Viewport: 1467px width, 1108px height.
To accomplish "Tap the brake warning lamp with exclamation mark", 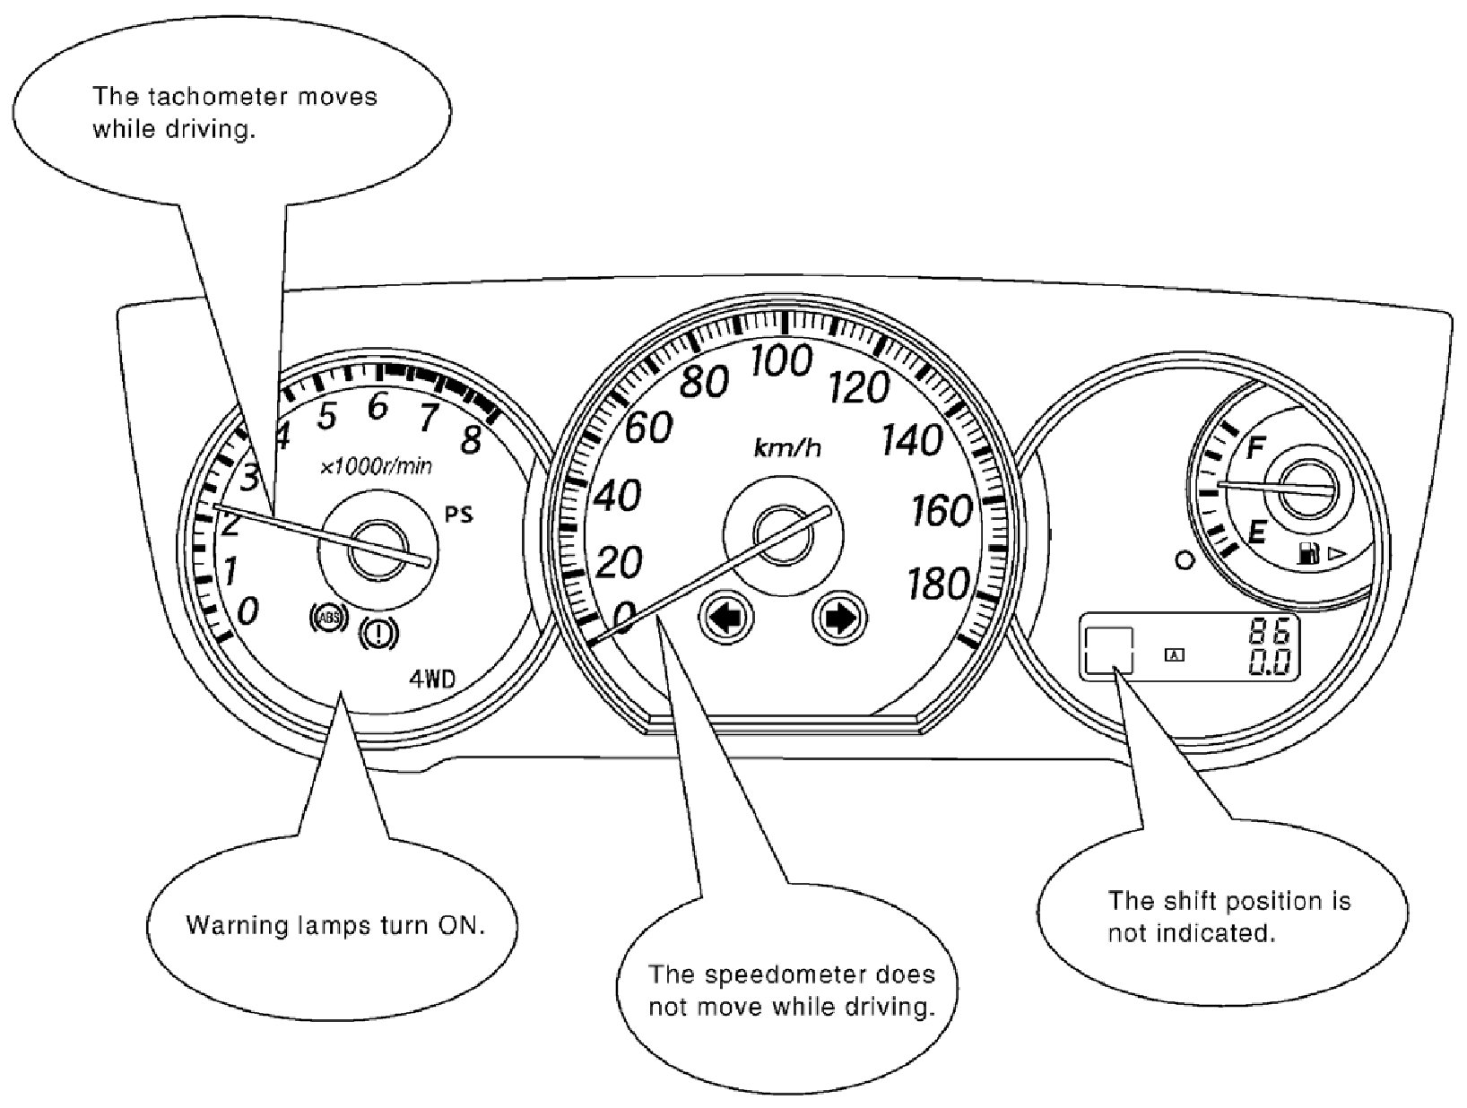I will click(379, 634).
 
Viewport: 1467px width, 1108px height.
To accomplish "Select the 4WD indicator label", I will click(432, 680).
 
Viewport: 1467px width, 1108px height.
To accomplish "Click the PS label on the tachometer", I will click(460, 515).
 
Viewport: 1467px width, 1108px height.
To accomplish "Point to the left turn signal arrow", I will click(726, 617).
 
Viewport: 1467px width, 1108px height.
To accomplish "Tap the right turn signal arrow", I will click(839, 617).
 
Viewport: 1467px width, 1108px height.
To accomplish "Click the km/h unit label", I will click(787, 447).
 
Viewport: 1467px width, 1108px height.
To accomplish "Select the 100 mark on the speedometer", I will click(781, 361).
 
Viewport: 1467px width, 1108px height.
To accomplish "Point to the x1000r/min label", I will click(376, 466).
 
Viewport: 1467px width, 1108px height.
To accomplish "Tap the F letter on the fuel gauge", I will click(1255, 446).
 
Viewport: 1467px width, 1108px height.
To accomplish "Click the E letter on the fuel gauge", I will click(1257, 534).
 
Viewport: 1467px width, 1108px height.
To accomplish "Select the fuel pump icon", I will click(1308, 554).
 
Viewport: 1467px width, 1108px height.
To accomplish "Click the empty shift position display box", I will click(1109, 649).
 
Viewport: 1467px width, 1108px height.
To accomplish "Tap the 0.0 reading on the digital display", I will click(1272, 663).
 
